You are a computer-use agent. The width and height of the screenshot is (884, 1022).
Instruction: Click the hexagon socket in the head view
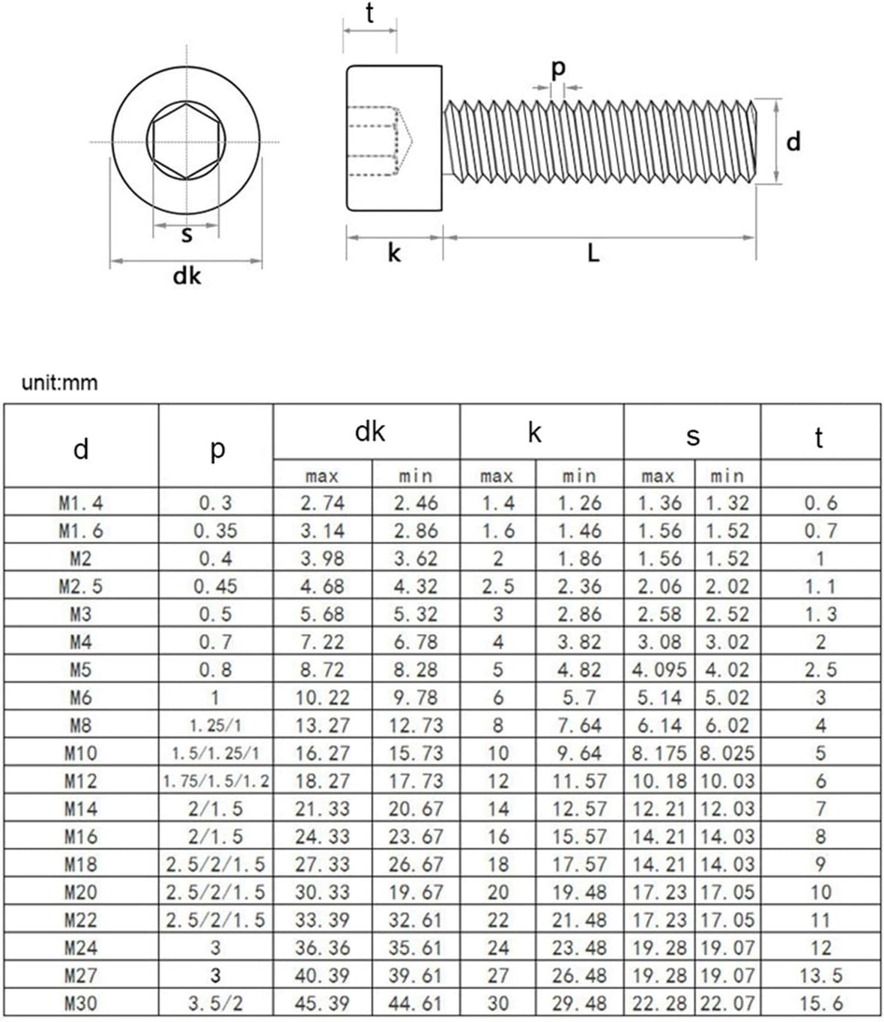click(186, 141)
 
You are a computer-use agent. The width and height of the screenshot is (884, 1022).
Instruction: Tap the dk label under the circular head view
click(187, 276)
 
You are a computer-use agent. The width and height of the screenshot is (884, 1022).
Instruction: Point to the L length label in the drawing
click(593, 253)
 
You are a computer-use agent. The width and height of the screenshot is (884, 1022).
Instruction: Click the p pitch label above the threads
click(558, 69)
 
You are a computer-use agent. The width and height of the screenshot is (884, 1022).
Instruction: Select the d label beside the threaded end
click(793, 141)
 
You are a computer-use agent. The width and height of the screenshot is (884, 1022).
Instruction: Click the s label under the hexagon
click(187, 235)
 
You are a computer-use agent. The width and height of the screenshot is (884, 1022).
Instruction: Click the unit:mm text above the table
click(60, 383)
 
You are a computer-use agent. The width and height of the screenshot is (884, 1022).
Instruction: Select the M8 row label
click(81, 725)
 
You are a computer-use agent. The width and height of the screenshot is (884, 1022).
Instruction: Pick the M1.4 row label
click(81, 503)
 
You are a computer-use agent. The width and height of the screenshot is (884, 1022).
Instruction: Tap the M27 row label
click(81, 976)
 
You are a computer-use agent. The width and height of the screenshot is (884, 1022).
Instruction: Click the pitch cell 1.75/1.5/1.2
click(216, 781)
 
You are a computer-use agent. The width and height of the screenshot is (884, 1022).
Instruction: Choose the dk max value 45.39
click(322, 1003)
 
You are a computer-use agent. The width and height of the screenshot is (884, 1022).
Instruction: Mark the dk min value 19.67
click(416, 892)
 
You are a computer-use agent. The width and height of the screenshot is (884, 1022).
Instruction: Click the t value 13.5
click(820, 976)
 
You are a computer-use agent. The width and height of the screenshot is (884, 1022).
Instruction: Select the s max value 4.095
click(659, 670)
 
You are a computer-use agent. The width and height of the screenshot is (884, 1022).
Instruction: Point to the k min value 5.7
click(579, 698)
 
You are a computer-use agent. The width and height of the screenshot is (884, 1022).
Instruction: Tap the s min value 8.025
click(727, 753)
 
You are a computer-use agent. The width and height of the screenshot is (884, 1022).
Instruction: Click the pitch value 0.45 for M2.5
click(216, 586)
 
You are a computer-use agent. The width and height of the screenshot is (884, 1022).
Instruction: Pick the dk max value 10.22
click(322, 698)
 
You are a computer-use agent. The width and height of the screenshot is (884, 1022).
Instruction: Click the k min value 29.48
click(579, 1003)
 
